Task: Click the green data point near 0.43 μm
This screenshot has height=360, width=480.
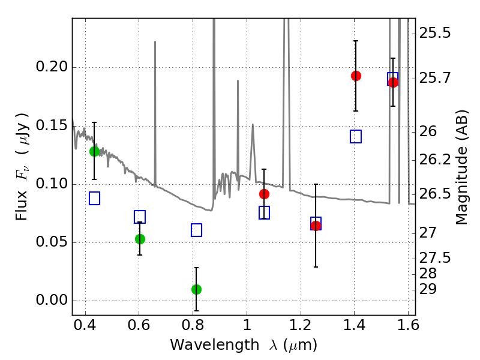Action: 94,151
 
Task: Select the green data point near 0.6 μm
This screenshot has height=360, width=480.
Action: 140,239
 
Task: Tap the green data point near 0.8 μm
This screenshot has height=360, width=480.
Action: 196,289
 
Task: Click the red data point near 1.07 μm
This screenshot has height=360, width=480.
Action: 264,194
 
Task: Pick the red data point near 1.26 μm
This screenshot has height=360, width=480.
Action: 316,226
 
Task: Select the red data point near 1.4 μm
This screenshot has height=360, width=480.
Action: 356,76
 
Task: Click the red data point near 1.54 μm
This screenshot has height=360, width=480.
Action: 393,82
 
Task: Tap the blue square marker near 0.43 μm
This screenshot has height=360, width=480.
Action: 94,198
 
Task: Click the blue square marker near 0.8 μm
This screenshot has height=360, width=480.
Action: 196,230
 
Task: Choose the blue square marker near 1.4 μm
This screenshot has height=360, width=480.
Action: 356,136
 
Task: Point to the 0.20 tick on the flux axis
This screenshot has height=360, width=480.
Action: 73,67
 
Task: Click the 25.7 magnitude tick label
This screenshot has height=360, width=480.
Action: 436,78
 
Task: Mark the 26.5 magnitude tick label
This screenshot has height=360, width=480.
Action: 436,194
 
